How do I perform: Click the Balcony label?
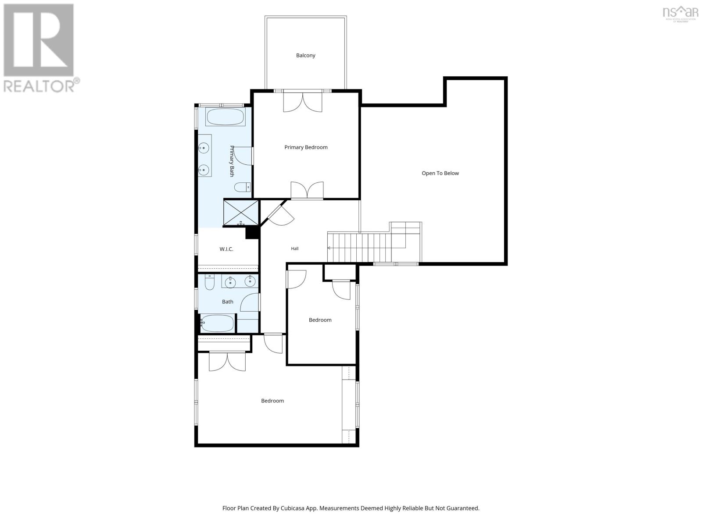click(305, 56)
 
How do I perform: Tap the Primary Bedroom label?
click(306, 147)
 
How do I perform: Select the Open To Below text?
click(440, 173)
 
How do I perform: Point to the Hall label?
click(294, 249)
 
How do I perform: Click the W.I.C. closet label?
click(226, 249)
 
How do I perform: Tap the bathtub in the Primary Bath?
click(225, 117)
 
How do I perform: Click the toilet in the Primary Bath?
click(242, 187)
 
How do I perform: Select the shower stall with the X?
click(241, 213)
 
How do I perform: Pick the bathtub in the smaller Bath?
click(218, 323)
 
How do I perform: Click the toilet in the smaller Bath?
click(209, 282)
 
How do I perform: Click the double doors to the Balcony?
click(303, 102)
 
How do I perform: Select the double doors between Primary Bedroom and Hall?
click(307, 190)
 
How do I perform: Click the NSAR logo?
click(680, 14)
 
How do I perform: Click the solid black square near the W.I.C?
click(252, 232)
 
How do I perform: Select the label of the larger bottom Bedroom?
click(272, 401)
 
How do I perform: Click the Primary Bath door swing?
click(243, 156)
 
